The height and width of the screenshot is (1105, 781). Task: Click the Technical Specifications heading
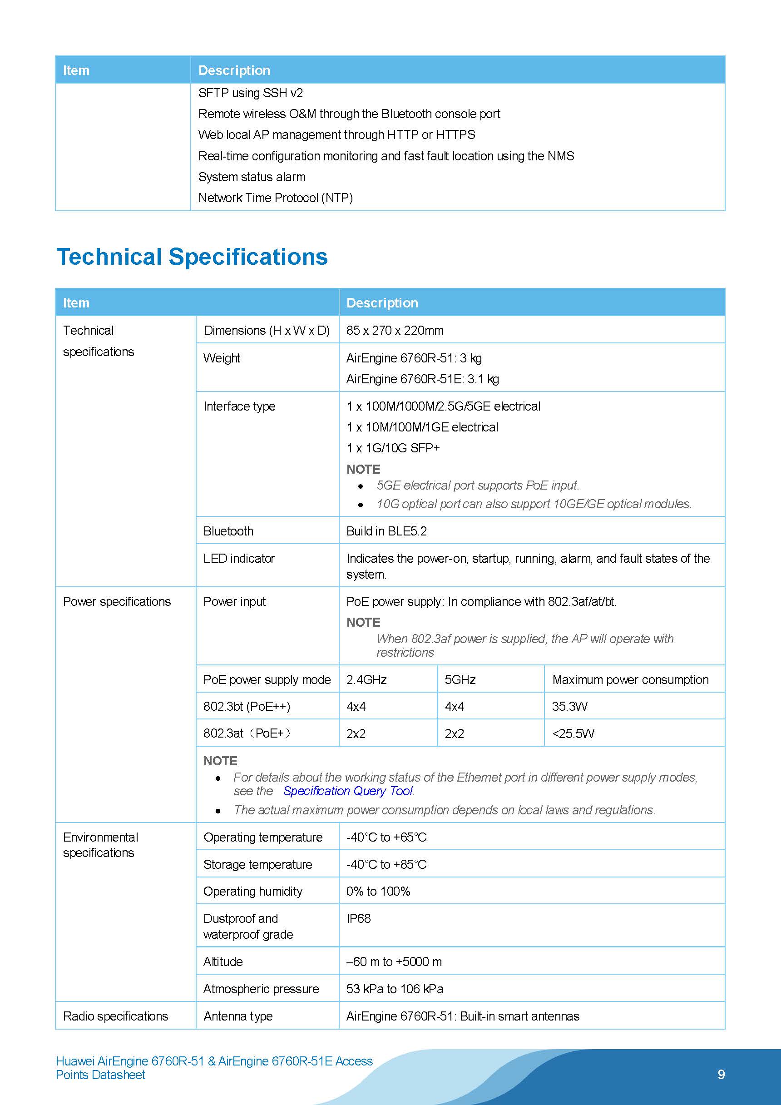pos(192,257)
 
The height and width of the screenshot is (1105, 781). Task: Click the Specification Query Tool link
pos(348,791)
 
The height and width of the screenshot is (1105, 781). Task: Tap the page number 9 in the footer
pos(721,1074)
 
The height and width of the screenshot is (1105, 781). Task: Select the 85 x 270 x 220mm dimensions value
pos(395,330)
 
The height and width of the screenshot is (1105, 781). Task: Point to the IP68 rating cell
pos(359,918)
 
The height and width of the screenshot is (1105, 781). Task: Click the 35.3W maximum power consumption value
pos(569,706)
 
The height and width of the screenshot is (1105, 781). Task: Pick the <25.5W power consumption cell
pos(573,733)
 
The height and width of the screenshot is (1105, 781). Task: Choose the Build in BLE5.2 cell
pos(386,531)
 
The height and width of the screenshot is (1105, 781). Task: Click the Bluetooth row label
pos(228,531)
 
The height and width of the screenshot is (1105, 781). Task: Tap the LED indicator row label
pos(239,558)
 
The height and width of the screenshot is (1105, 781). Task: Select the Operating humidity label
pos(252,892)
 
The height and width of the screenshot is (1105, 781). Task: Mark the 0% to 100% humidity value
pos(378,892)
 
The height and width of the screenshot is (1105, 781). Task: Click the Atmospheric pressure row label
pos(261,989)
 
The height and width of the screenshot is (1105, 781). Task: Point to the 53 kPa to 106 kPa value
pos(395,989)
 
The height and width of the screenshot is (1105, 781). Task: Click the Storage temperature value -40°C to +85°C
pos(386,864)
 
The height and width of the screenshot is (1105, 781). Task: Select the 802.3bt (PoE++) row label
pos(247,706)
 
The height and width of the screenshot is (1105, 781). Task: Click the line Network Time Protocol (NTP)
pos(275,198)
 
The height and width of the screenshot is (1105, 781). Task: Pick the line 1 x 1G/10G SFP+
pos(393,448)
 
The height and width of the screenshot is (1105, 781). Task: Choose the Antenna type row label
pos(238,1016)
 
